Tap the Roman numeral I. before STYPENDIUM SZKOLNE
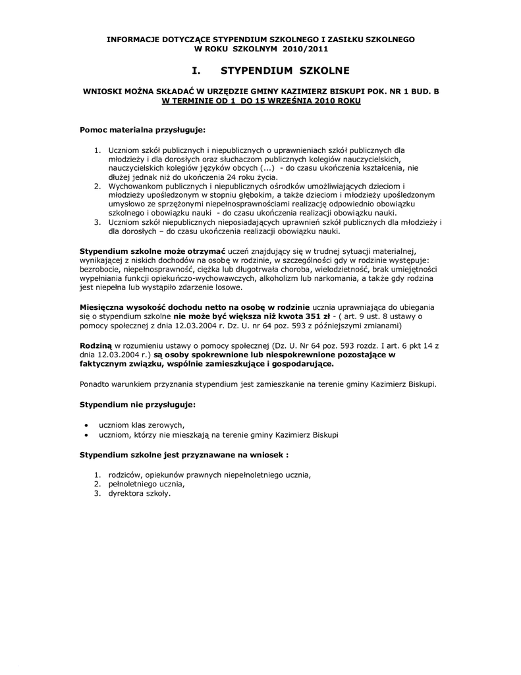197,70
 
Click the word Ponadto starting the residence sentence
95,383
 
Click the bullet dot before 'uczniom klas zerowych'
87,425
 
